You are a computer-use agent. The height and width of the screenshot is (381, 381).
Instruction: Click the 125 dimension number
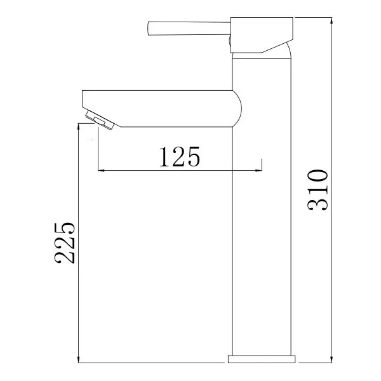(178, 156)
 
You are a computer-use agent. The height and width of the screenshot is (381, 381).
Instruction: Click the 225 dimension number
(65, 243)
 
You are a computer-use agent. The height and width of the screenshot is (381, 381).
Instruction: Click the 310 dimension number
(317, 190)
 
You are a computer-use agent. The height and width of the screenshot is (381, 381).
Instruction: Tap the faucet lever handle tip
(150, 29)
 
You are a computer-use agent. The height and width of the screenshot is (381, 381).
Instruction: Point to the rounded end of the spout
(237, 108)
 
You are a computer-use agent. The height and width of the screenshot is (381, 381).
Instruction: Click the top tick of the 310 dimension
(332, 18)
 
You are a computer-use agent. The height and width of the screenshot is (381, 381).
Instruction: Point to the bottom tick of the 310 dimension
(332, 363)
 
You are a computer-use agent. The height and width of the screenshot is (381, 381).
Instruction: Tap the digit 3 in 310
(317, 203)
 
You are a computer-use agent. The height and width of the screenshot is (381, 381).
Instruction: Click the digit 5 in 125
(192, 156)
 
